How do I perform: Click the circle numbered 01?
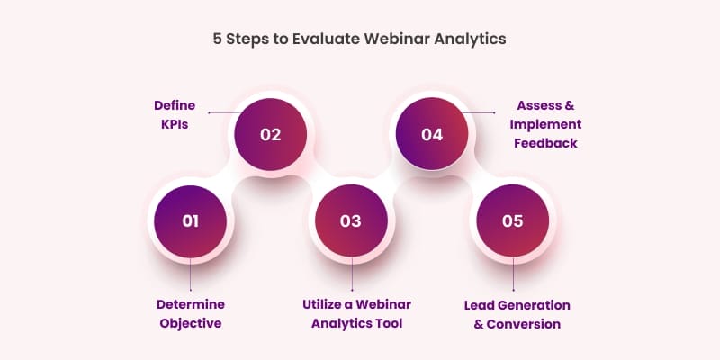[189, 220]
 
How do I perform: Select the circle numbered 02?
[270, 135]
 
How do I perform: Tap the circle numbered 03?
[350, 220]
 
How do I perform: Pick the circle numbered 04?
[432, 135]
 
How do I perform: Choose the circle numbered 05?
[512, 220]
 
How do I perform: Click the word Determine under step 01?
[190, 304]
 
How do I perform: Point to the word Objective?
[190, 323]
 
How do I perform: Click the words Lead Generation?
[512, 304]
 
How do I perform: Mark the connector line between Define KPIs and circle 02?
[222, 113]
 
